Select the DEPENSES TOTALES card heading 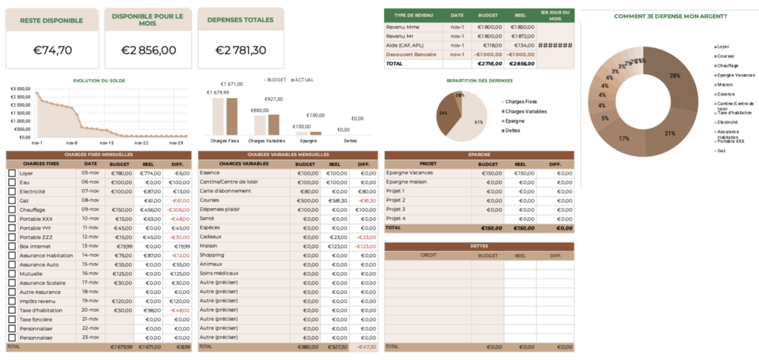239,20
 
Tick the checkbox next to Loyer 12,173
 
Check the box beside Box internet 12,246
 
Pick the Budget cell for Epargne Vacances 489,173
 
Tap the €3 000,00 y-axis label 21,88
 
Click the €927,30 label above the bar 273,99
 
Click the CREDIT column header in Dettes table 428,255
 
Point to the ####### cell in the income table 555,44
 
